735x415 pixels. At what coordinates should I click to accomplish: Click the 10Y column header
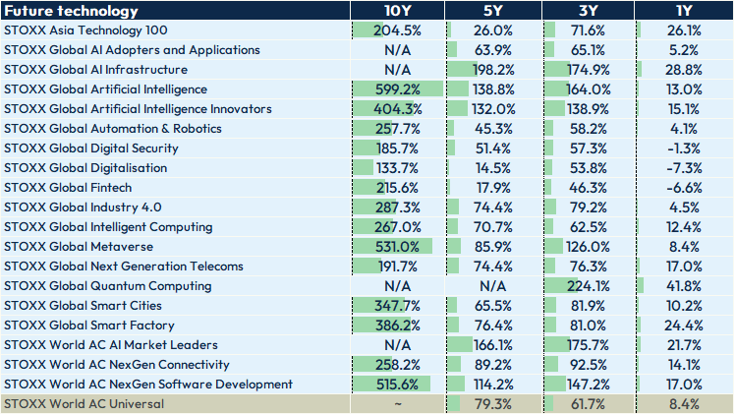coord(397,11)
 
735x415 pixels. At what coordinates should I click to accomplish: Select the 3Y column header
coord(588,11)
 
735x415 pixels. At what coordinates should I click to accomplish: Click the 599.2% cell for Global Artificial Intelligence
coord(397,89)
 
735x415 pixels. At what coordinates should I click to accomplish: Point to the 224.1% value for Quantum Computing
coord(588,286)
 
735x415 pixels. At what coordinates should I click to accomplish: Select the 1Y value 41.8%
coord(684,286)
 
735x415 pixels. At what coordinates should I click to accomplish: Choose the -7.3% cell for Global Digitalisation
coord(684,168)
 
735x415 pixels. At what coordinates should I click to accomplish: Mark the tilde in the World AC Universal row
coord(397,404)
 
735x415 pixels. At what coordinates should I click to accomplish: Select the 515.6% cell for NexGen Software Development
coord(397,385)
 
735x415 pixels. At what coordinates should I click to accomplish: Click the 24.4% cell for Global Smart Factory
coord(684,326)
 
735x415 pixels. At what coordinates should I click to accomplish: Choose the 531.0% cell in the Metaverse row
coord(397,247)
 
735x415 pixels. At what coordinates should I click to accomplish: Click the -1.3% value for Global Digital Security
coord(684,148)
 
